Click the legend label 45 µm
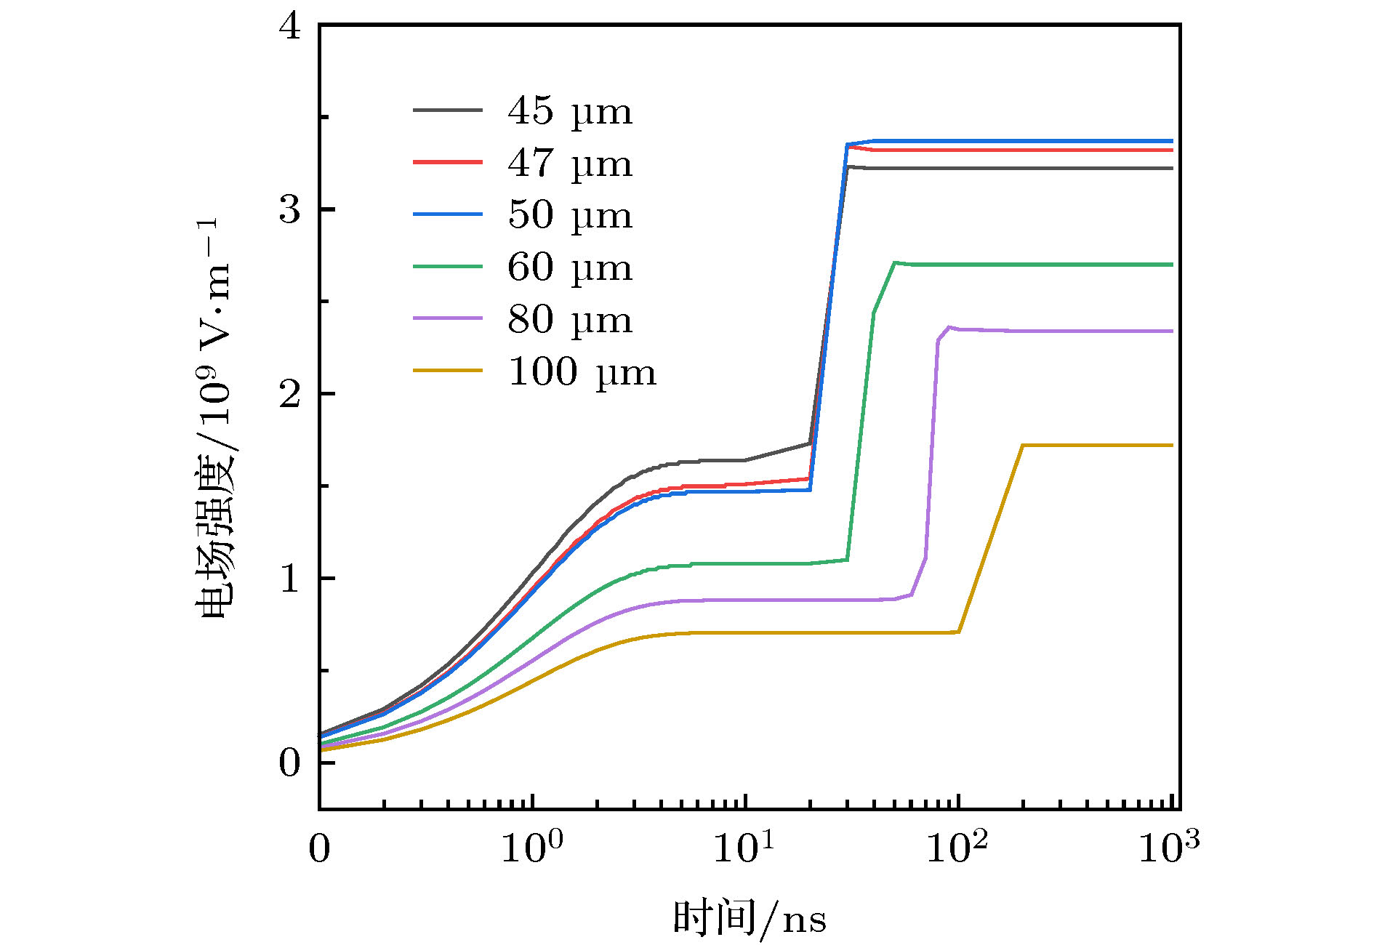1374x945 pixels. pyautogui.click(x=570, y=111)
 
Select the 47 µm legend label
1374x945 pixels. pyautogui.click(x=570, y=164)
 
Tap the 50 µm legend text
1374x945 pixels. pyautogui.click(x=570, y=215)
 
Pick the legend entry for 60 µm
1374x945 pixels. pyautogui.click(x=570, y=268)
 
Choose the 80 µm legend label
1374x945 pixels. pyautogui.click(x=570, y=320)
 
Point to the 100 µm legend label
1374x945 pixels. pyautogui.click(x=582, y=372)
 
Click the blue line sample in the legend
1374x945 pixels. pyautogui.click(x=448, y=214)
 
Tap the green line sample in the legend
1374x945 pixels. pyautogui.click(x=448, y=267)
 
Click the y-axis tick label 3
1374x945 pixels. pyautogui.click(x=289, y=210)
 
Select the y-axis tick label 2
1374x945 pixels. pyautogui.click(x=289, y=394)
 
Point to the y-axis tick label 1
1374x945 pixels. pyautogui.click(x=289, y=579)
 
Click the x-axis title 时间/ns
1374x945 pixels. pyautogui.click(x=750, y=917)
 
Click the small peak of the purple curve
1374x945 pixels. pyautogui.click(x=949, y=327)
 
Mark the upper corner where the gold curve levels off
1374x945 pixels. pyautogui.click(x=1023, y=445)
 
